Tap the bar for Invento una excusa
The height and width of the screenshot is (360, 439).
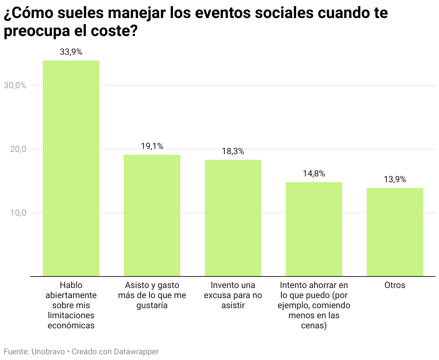click(233, 218)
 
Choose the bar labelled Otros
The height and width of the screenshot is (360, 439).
click(395, 232)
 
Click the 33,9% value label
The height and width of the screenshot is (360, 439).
click(71, 52)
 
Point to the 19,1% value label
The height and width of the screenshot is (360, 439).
click(152, 147)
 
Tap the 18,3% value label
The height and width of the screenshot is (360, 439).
click(233, 152)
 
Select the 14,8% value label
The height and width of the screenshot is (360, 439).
click(314, 174)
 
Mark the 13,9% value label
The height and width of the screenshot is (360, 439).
click(395, 180)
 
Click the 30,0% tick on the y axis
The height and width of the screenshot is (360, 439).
click(15, 86)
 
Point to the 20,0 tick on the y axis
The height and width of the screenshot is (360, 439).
click(18, 149)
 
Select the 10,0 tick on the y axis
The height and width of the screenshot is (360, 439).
click(18, 213)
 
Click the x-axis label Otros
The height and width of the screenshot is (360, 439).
click(395, 285)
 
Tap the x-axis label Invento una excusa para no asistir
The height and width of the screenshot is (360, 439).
click(233, 295)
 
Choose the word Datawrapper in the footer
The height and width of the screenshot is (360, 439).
click(136, 352)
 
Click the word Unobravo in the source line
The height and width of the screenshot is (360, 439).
click(48, 352)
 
